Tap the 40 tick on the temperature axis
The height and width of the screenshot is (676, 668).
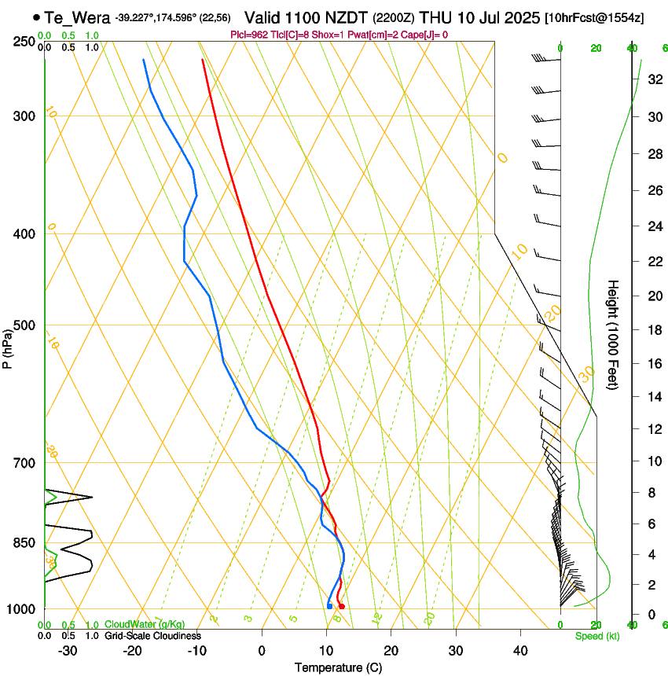tap(520, 650)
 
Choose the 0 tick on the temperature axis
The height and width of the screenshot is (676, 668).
tap(262, 650)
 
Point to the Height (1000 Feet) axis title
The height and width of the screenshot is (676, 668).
tap(614, 335)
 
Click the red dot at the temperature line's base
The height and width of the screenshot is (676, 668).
tap(342, 606)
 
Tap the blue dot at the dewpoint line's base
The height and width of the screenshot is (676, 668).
tap(329, 605)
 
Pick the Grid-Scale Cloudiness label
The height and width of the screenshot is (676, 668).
tap(152, 635)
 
